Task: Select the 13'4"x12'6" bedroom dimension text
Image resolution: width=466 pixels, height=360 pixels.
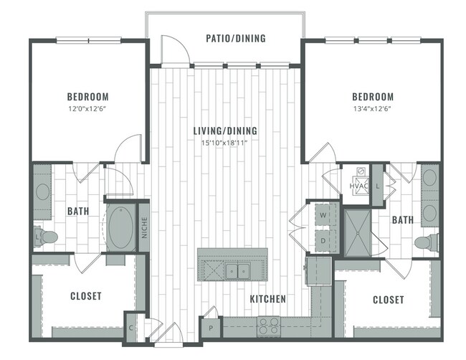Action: coord(372,109)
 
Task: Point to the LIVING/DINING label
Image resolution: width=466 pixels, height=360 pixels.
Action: coord(225,131)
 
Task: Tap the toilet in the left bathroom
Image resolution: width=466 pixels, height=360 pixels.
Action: coord(47,235)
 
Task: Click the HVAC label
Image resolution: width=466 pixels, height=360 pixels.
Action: coord(358,186)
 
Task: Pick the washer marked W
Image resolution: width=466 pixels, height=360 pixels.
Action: coord(323,214)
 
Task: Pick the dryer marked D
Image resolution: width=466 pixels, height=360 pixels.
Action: coord(323,241)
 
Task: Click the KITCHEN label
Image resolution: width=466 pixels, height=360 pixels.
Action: coord(268,298)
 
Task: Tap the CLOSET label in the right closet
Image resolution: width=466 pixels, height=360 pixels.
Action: coord(388,299)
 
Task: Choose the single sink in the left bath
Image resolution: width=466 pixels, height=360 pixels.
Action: coord(42,192)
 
